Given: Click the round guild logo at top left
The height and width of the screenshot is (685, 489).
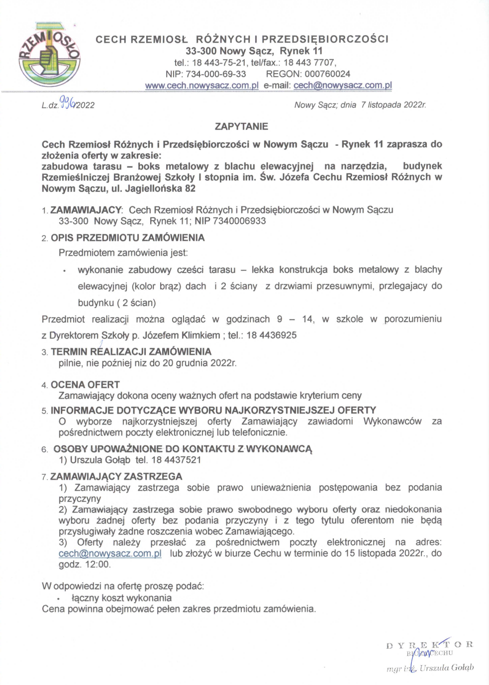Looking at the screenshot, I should pos(48,57).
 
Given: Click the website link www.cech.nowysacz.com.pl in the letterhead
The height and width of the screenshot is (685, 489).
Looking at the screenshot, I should pos(201,85).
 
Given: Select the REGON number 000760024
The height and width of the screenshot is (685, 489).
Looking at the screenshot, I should pos(327,74).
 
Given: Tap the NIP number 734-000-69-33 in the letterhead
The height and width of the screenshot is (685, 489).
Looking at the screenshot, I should pos(216,74).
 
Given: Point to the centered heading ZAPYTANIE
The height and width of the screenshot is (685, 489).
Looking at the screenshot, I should pos(241,126).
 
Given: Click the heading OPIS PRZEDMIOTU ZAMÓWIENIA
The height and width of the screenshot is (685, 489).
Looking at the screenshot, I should pos(127,238).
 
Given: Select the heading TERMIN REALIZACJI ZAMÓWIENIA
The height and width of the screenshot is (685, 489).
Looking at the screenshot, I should pos(131,351).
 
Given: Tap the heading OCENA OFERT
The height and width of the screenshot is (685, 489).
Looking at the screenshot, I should pos(85,384).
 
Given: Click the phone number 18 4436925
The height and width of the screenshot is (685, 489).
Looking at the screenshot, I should pos(271,335).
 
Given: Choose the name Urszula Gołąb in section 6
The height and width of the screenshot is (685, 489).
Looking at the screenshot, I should pos(100,460).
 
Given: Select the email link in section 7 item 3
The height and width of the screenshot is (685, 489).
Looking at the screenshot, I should pos(110,553).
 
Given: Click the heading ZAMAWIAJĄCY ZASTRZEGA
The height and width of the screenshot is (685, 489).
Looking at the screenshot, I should pos(116,476).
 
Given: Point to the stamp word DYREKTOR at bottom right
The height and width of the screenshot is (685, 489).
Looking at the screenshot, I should pos(429,645).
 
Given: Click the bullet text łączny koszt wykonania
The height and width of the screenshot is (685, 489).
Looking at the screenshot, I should pos(121,598).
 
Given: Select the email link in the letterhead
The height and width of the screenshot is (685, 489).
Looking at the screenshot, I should pos(342,85).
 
